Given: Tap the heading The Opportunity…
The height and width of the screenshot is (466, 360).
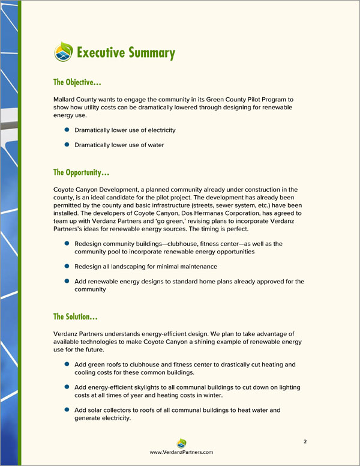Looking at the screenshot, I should click(81, 173).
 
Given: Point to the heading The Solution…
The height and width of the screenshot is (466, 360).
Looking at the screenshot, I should click(76, 316).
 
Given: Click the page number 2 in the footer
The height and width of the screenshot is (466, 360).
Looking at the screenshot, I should click(305, 442).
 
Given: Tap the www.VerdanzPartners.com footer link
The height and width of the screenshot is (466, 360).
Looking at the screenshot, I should click(181, 452).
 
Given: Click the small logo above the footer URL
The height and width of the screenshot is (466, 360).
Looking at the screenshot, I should click(181, 443).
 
